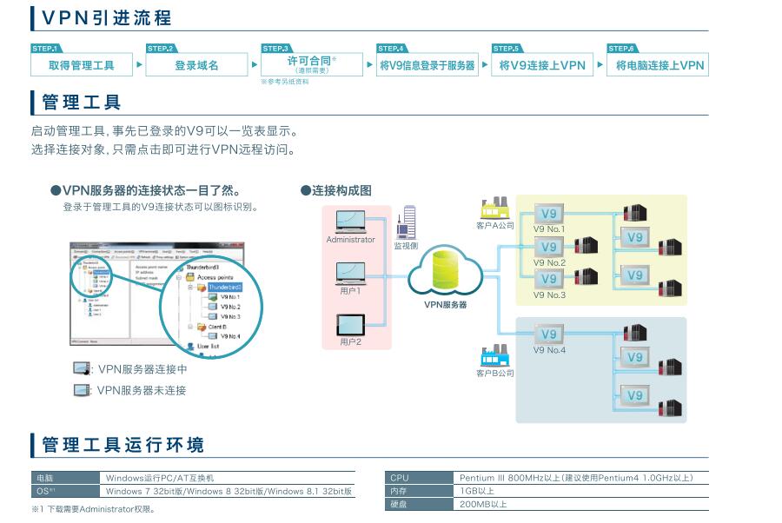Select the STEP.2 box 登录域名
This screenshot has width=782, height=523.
click(x=196, y=65)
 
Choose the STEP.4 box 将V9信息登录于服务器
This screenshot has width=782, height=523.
click(x=427, y=65)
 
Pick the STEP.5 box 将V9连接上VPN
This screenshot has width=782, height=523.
click(x=542, y=65)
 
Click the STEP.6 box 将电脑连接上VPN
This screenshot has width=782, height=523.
click(x=658, y=65)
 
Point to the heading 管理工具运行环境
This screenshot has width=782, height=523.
click(x=123, y=446)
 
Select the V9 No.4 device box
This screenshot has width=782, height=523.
click(x=548, y=335)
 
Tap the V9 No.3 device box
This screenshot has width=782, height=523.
click(x=548, y=279)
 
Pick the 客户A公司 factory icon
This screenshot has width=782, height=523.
click(x=494, y=209)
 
